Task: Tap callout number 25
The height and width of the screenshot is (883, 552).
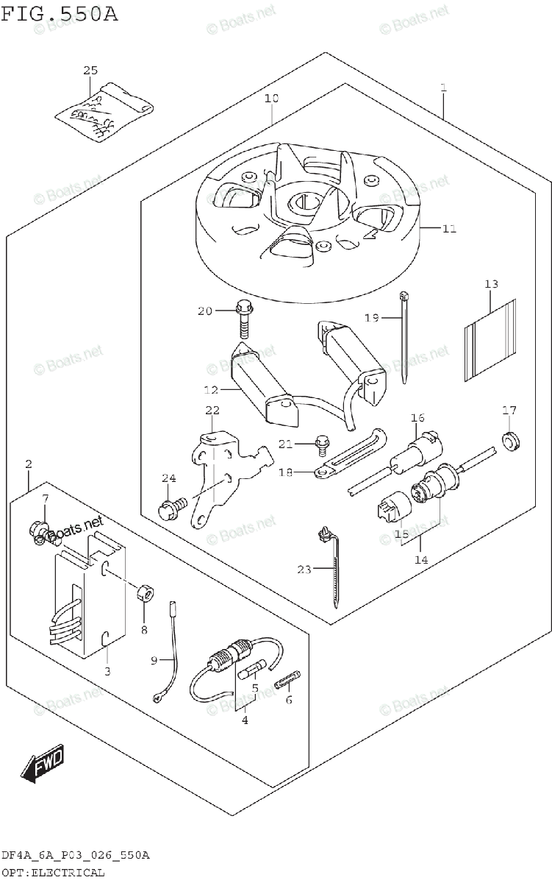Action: pyautogui.click(x=90, y=71)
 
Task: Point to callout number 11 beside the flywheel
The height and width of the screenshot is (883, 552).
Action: pyautogui.click(x=449, y=229)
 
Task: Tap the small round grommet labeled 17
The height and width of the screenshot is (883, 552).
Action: pyautogui.click(x=509, y=440)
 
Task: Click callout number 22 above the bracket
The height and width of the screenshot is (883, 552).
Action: pyautogui.click(x=212, y=410)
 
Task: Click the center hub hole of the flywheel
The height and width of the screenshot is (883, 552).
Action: pyautogui.click(x=303, y=201)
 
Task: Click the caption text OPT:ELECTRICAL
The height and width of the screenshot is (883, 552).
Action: pyautogui.click(x=52, y=873)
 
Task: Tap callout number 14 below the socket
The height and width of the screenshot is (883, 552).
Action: pyautogui.click(x=420, y=559)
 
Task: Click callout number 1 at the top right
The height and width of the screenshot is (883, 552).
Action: pyautogui.click(x=443, y=88)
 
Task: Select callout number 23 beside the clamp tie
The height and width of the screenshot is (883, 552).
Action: pyautogui.click(x=305, y=569)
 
